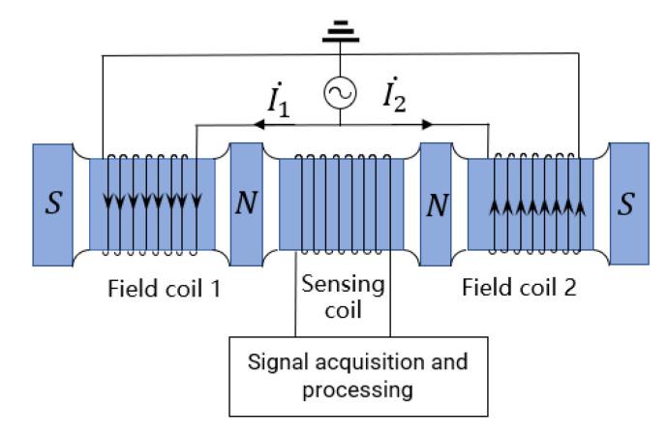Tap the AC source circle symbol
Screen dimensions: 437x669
tap(340, 93)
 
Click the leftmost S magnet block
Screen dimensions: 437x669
tap(51, 203)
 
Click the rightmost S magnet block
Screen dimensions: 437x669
tap(626, 203)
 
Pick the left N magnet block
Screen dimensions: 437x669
tap(246, 203)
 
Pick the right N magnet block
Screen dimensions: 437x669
tap(438, 203)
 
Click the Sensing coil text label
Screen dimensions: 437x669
tap(342, 298)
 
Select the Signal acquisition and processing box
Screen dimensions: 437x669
tap(342, 376)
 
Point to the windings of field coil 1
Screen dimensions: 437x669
tap(151, 203)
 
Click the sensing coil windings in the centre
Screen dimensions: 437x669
tap(342, 203)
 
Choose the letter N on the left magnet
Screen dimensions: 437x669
tap(246, 205)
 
